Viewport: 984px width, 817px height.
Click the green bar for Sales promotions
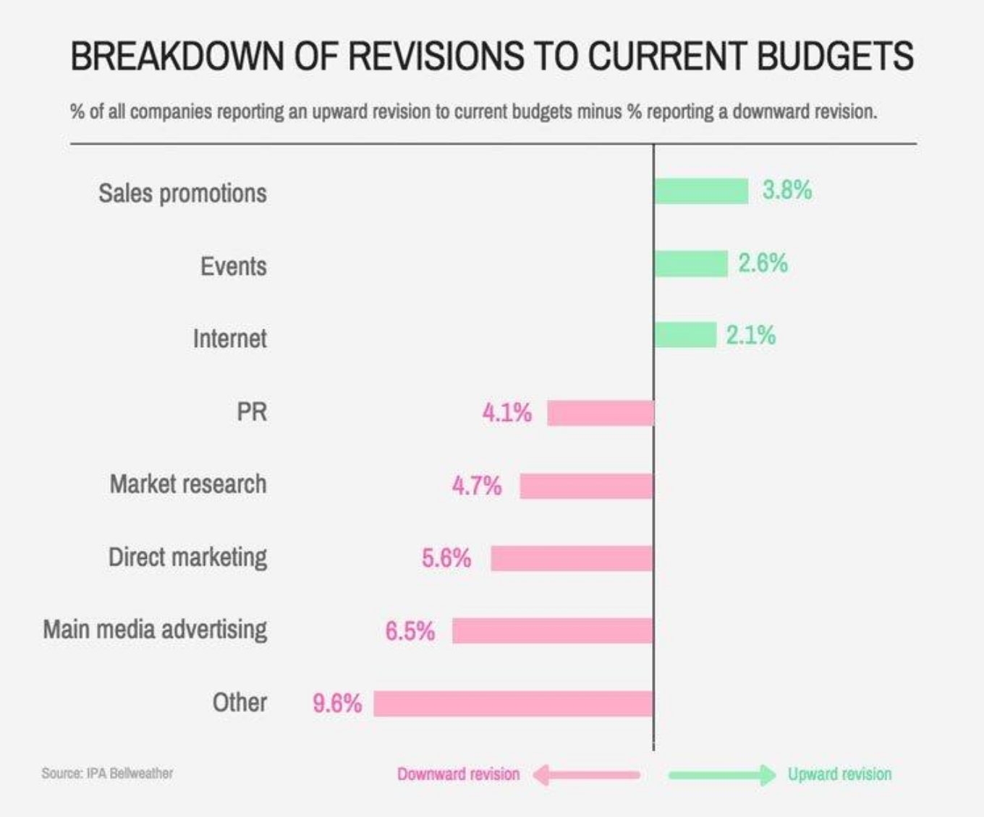pyautogui.click(x=700, y=191)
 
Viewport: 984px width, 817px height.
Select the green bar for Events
pyautogui.click(x=690, y=264)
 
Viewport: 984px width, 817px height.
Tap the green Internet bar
pyautogui.click(x=684, y=335)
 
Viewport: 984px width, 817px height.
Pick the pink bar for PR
pyautogui.click(x=601, y=413)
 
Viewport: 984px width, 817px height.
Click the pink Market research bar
pyautogui.click(x=586, y=486)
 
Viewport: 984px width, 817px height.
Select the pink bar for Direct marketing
pyautogui.click(x=572, y=558)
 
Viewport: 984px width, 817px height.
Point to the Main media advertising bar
pyautogui.click(x=553, y=630)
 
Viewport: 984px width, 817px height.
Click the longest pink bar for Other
pyautogui.click(x=514, y=703)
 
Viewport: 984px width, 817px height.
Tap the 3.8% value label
pyautogui.click(x=787, y=190)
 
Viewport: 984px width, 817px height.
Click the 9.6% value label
pyautogui.click(x=337, y=703)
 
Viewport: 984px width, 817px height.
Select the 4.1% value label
pyautogui.click(x=506, y=413)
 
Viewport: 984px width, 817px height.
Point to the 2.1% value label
pyautogui.click(x=751, y=335)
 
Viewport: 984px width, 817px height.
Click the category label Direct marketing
pyautogui.click(x=187, y=557)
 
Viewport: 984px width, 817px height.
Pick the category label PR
pyautogui.click(x=252, y=412)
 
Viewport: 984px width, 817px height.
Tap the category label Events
pyautogui.click(x=233, y=266)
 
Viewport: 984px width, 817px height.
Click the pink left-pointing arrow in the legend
pyautogui.click(x=586, y=775)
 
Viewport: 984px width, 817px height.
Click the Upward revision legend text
pyautogui.click(x=839, y=774)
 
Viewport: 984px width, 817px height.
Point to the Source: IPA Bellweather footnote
pyautogui.click(x=107, y=773)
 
